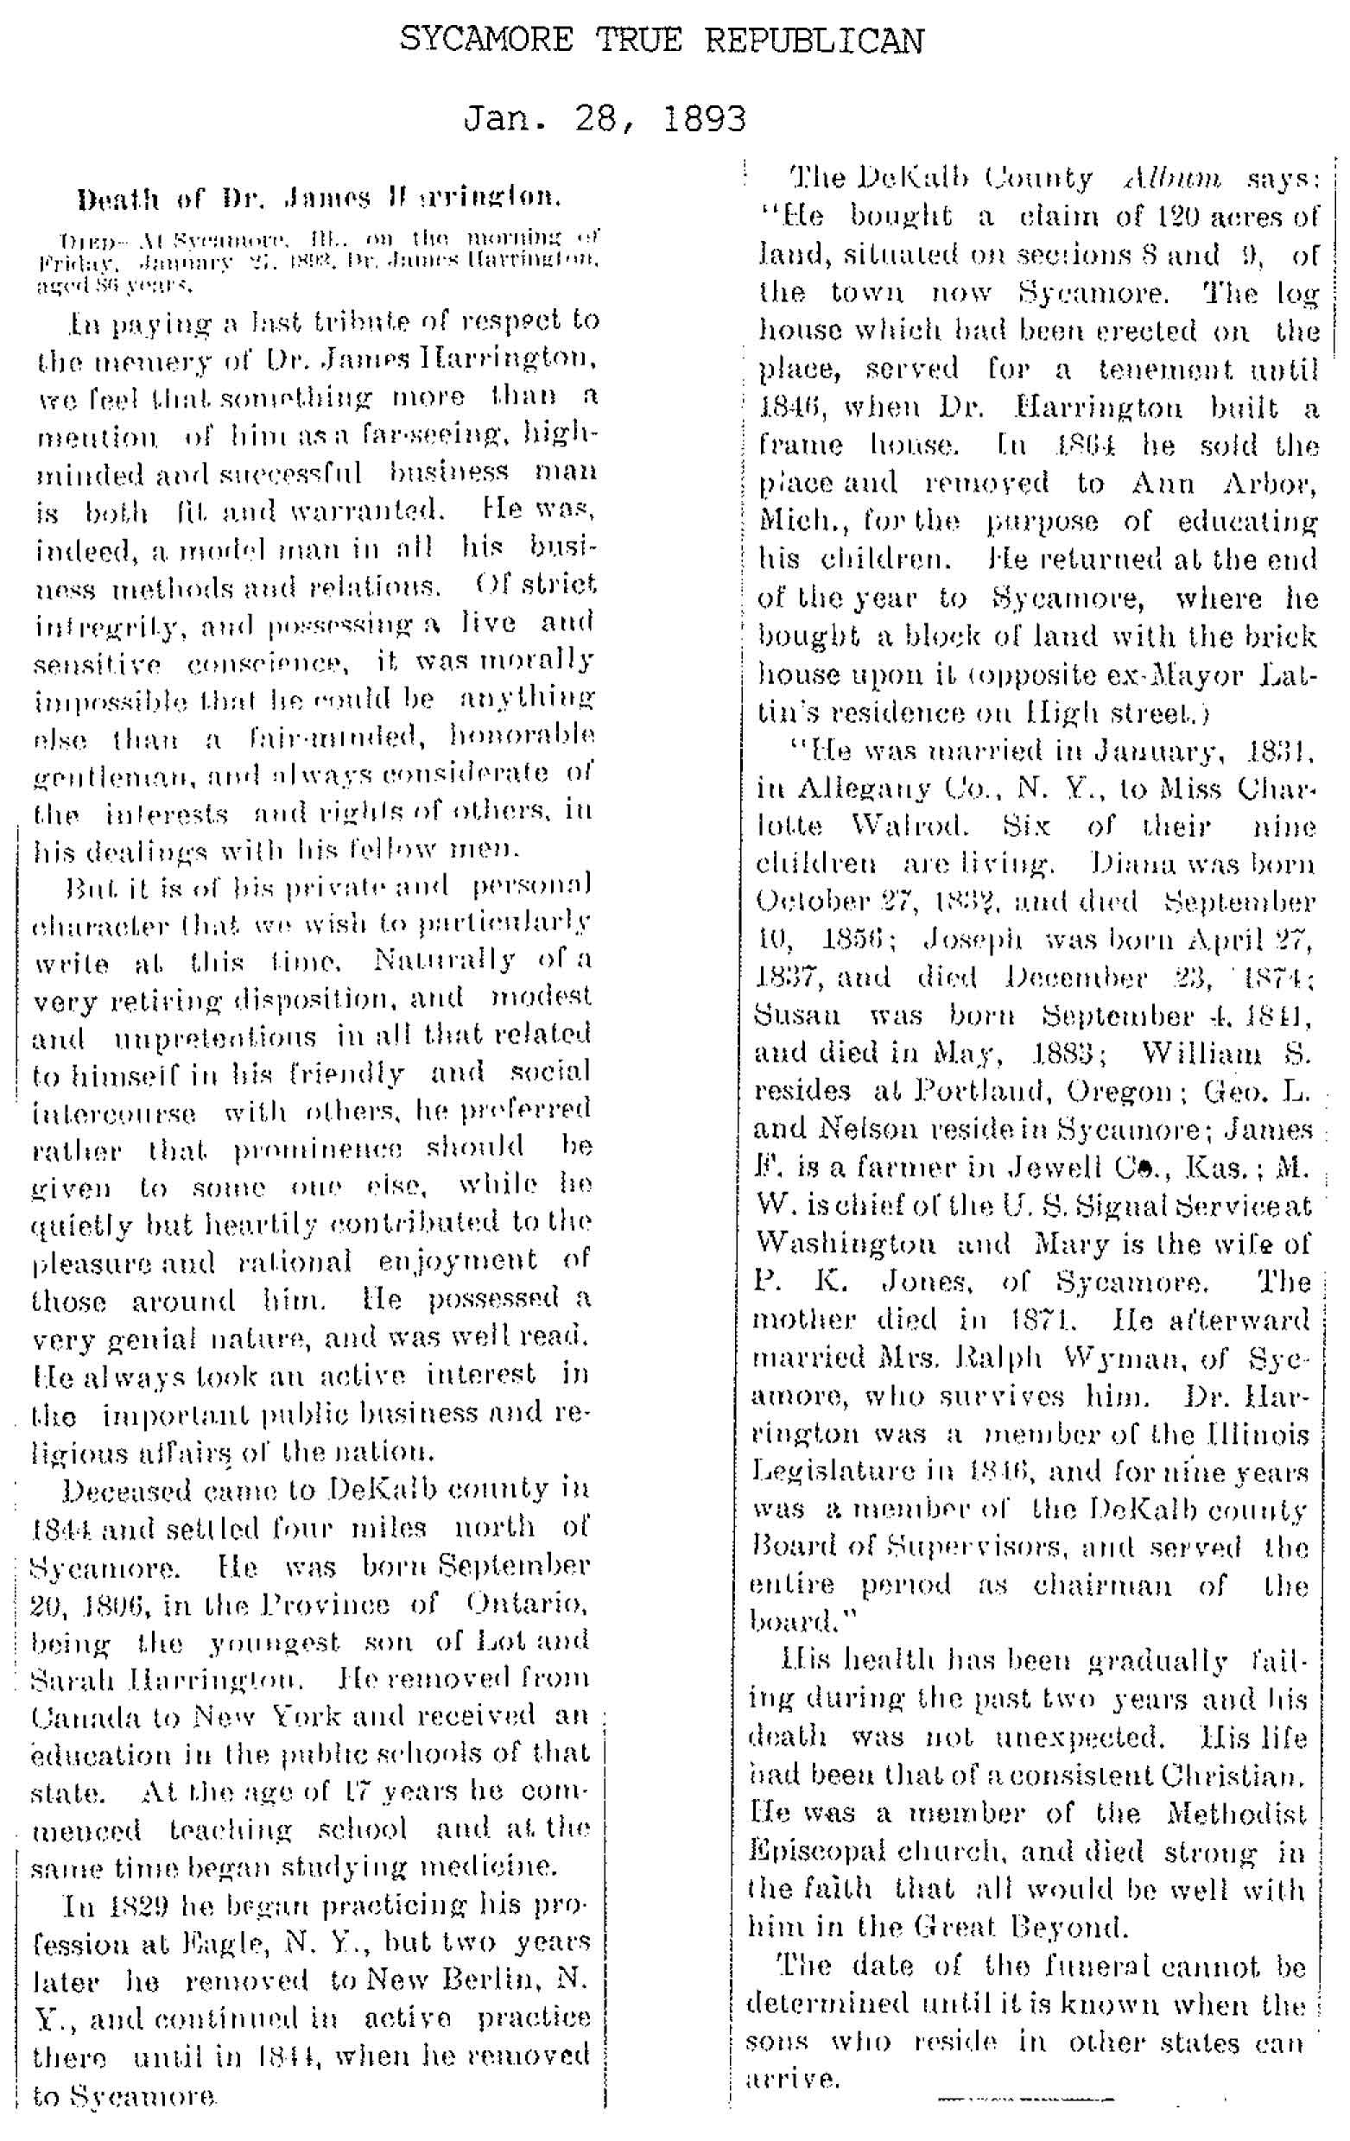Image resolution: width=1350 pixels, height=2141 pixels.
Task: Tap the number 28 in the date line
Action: pos(605,118)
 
